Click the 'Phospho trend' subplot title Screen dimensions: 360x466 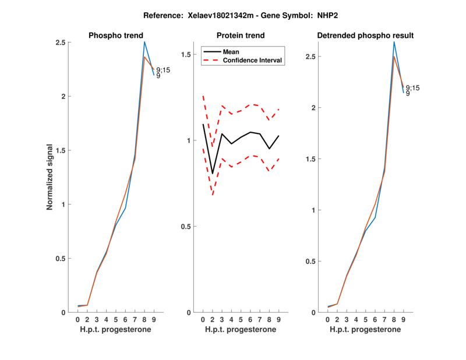(115, 36)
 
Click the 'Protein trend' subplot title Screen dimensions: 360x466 (240, 36)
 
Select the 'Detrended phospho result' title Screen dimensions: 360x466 (365, 36)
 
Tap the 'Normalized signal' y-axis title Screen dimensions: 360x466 (51, 177)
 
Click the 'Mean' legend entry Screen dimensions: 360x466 (231, 52)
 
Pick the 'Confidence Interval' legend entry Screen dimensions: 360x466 (253, 60)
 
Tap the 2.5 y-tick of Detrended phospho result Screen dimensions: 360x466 (315, 57)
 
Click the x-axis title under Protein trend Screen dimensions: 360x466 (240, 330)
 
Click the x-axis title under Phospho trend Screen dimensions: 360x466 (115, 330)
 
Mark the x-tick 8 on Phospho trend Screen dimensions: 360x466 (144, 320)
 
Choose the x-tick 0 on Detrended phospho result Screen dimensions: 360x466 (328, 320)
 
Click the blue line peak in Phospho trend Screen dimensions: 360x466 (144, 42)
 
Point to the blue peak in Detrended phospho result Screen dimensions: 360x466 (394, 42)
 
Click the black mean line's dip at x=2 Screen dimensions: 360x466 (213, 174)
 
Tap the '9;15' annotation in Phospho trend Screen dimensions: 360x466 (163, 70)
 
